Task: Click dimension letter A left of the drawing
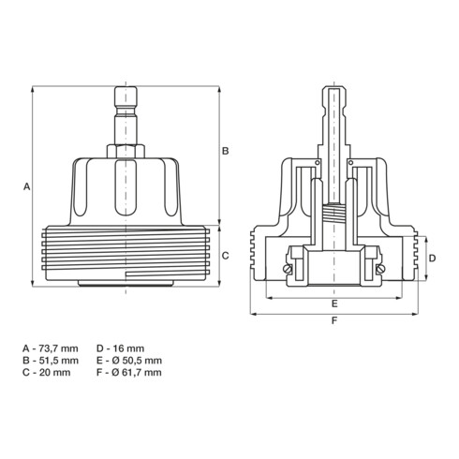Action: (27, 186)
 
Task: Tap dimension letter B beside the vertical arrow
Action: (225, 151)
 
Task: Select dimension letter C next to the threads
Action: (225, 256)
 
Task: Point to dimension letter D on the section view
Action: (432, 259)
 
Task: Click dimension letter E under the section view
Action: (334, 304)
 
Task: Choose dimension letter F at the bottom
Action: (334, 320)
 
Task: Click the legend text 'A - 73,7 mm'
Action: (51, 348)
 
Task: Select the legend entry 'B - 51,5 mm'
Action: (51, 361)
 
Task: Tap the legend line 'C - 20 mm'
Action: (47, 372)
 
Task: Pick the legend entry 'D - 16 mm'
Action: (121, 348)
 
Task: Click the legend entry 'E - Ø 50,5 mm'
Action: (129, 361)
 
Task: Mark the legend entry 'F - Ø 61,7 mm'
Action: (129, 372)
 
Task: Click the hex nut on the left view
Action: (126, 151)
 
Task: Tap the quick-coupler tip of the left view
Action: (126, 96)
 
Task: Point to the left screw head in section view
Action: (288, 269)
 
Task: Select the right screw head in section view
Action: (380, 269)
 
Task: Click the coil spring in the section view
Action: (333, 213)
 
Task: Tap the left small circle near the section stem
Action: (318, 162)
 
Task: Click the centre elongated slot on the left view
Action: (126, 187)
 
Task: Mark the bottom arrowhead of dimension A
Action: (33, 283)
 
